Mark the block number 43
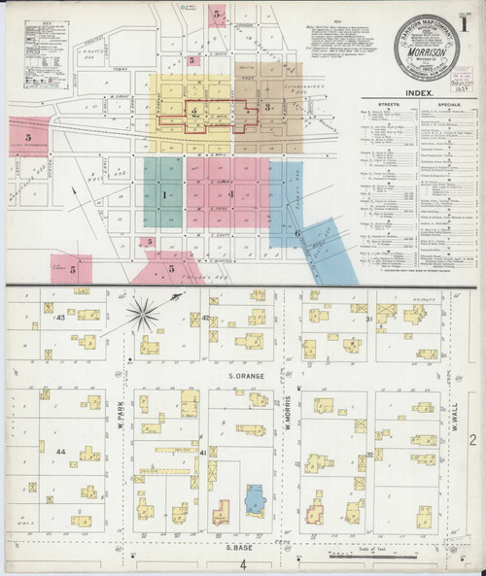coord(60,318)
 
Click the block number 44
coord(60,453)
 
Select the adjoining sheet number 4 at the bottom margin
coord(245,564)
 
